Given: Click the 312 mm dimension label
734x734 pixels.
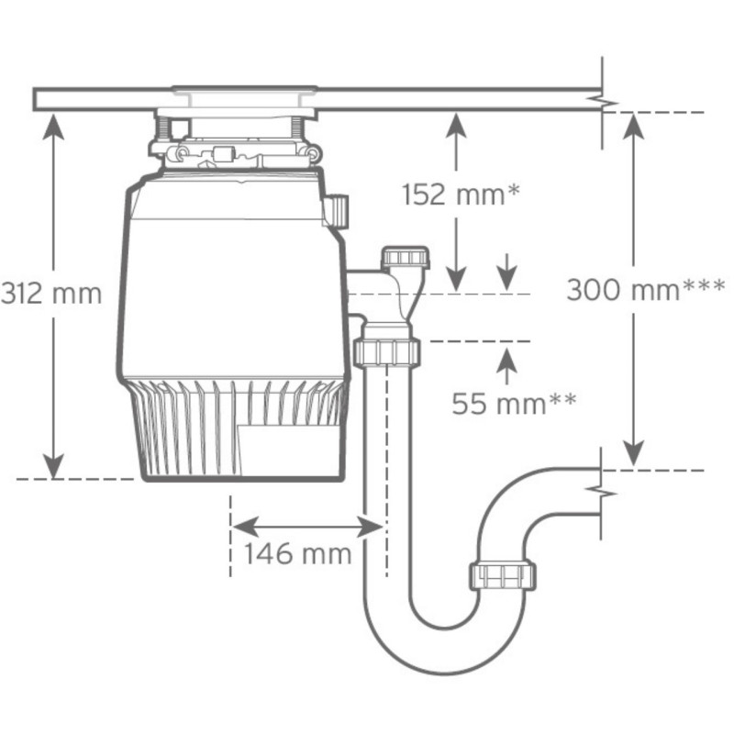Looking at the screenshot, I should (50, 294).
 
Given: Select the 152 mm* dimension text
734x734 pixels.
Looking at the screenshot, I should (462, 195).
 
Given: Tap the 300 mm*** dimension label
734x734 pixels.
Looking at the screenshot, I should (645, 290).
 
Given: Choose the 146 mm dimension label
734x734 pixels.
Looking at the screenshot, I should (297, 554).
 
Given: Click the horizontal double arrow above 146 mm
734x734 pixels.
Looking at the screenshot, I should (306, 526).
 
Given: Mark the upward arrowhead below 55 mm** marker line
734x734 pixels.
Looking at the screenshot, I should (506, 360).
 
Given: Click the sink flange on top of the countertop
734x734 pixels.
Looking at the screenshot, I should (242, 93).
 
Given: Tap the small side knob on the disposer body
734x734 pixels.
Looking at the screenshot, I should (338, 210).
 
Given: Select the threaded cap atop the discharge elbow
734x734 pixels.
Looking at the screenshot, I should (405, 256).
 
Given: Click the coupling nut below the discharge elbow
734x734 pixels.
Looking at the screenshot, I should (385, 351).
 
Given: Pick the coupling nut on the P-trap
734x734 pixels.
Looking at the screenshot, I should (504, 575).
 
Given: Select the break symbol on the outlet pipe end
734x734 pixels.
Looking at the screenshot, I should (602, 494).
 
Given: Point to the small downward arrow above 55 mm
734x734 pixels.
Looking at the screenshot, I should (506, 276).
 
